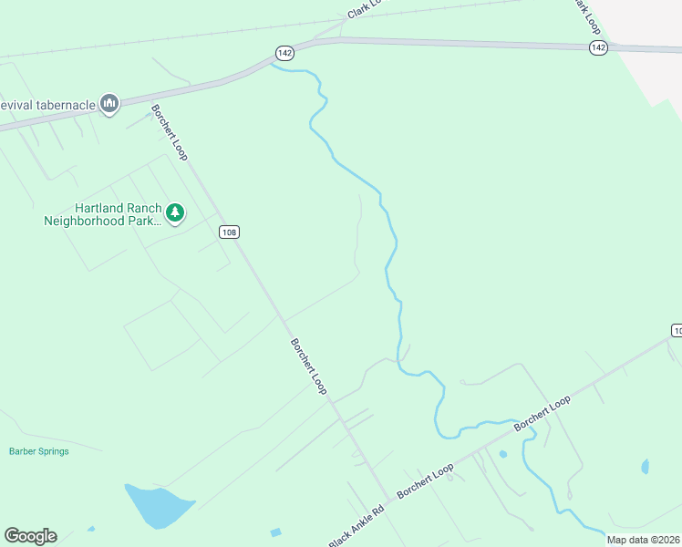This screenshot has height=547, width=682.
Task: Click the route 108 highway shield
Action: (x=229, y=232)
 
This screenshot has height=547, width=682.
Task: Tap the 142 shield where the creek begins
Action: (x=284, y=53)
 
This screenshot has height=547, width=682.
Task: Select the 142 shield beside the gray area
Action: (x=598, y=47)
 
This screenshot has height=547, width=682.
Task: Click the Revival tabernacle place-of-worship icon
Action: (x=109, y=104)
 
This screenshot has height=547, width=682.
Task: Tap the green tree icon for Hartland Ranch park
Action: (x=175, y=213)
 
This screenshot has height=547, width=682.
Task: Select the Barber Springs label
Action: (x=38, y=451)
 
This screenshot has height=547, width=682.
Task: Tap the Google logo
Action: (x=30, y=536)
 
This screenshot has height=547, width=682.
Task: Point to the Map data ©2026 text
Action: (x=644, y=540)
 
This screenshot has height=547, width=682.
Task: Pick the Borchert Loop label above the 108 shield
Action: (x=169, y=133)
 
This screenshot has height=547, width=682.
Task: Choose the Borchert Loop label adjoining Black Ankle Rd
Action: (x=425, y=484)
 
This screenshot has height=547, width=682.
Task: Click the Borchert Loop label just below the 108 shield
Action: (x=308, y=366)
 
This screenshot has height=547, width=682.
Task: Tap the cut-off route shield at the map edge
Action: (x=676, y=330)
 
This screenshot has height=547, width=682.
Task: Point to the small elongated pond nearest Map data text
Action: (x=646, y=467)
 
